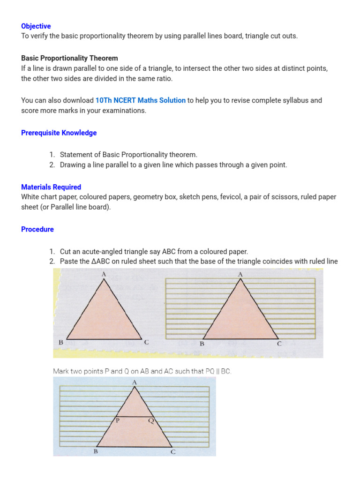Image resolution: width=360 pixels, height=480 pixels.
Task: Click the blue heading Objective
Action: coord(36,26)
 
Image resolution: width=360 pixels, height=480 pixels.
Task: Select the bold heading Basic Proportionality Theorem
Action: coord(69,58)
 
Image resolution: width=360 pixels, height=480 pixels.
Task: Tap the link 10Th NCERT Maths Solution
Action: coord(141,100)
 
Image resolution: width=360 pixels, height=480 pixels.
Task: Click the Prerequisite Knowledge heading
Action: coord(59,133)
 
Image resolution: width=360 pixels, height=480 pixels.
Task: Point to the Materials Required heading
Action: coord(51,187)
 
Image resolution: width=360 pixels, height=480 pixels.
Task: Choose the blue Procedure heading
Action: coord(37,229)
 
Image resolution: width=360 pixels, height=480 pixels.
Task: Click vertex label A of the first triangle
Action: coord(104,274)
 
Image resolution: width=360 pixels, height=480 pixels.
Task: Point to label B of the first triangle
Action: coord(61,343)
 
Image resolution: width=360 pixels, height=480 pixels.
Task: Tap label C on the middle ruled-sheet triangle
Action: coord(279,344)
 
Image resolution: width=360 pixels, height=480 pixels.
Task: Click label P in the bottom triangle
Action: coord(118,420)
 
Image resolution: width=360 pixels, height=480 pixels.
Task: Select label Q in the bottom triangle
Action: coord(150,420)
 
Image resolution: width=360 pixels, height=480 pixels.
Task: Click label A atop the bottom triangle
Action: coord(135,382)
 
